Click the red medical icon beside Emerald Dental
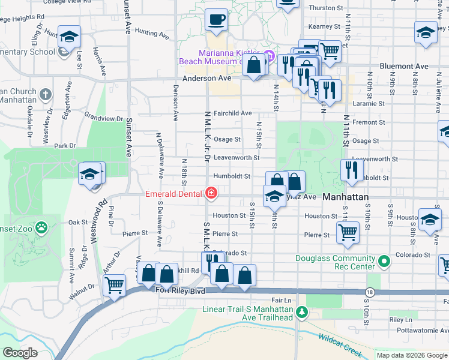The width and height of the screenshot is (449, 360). point(211,193)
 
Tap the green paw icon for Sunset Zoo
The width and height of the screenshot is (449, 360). point(41,227)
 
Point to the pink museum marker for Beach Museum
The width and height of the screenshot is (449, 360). point(269,57)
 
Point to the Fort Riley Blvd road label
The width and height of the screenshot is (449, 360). point(180,290)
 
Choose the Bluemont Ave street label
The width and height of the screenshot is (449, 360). point(403,66)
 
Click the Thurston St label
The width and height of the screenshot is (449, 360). point(325,8)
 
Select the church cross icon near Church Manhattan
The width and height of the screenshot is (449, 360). point(47,94)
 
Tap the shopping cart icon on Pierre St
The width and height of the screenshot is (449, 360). point(348,232)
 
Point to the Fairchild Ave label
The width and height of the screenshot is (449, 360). point(232,113)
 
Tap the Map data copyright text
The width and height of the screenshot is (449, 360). point(411,355)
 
